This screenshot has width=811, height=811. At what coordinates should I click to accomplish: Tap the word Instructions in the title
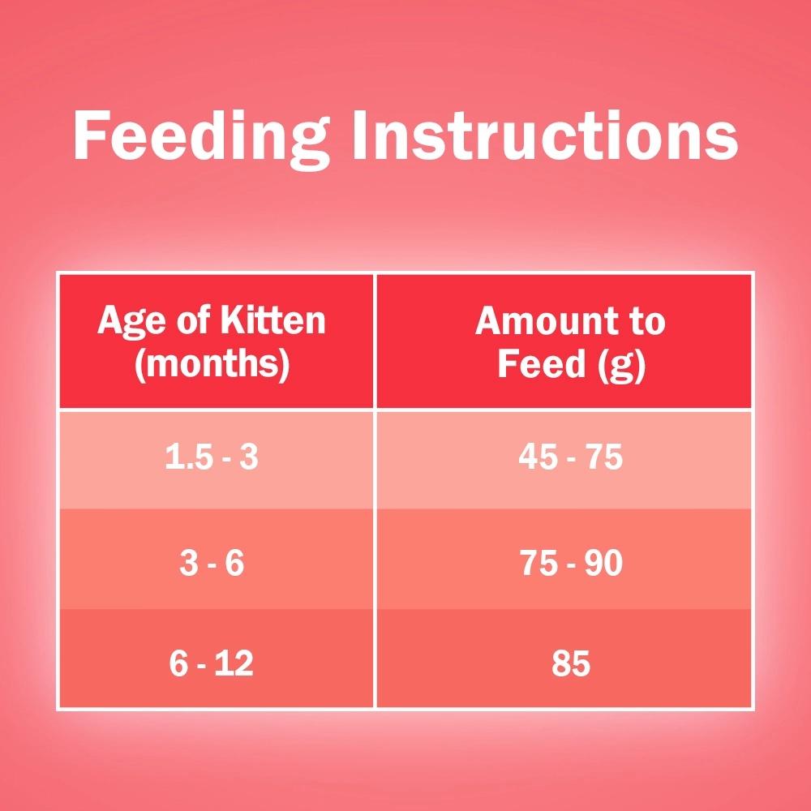coord(545,135)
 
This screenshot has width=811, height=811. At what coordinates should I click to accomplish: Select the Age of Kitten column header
coord(212,341)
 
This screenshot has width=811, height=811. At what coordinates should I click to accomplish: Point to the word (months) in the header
coord(212,364)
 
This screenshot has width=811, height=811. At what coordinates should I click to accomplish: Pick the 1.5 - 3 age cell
coord(212,457)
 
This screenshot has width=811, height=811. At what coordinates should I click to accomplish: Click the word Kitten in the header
coord(273,320)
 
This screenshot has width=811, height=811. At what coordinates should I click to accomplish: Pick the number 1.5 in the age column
coord(187,457)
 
